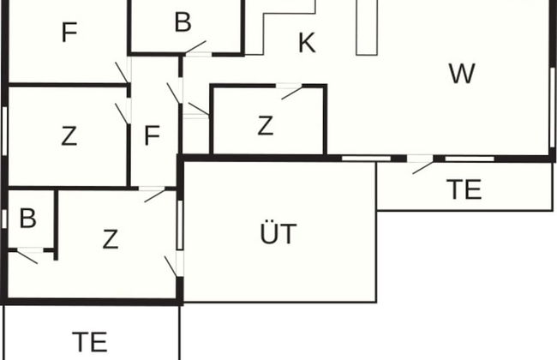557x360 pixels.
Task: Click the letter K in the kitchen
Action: (307, 43)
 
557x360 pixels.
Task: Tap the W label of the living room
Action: (461, 74)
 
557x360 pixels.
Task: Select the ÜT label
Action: (278, 232)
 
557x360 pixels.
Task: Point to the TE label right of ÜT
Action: (464, 190)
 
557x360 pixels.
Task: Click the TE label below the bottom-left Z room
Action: (90, 342)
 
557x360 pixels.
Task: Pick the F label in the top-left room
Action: (69, 33)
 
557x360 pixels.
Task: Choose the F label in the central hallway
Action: (153, 135)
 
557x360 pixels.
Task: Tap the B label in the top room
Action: (182, 22)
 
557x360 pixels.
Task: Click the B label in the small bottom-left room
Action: (27, 219)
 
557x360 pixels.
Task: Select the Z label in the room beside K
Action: (265, 126)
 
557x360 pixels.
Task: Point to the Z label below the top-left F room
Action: (69, 135)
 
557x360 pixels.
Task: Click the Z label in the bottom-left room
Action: (110, 239)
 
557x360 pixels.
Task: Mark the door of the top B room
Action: (196, 47)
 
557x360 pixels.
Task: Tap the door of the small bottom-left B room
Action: (26, 255)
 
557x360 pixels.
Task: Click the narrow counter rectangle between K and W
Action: (366, 27)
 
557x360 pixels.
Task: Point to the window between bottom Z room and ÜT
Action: (180, 225)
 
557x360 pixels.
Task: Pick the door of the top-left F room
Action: (123, 74)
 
